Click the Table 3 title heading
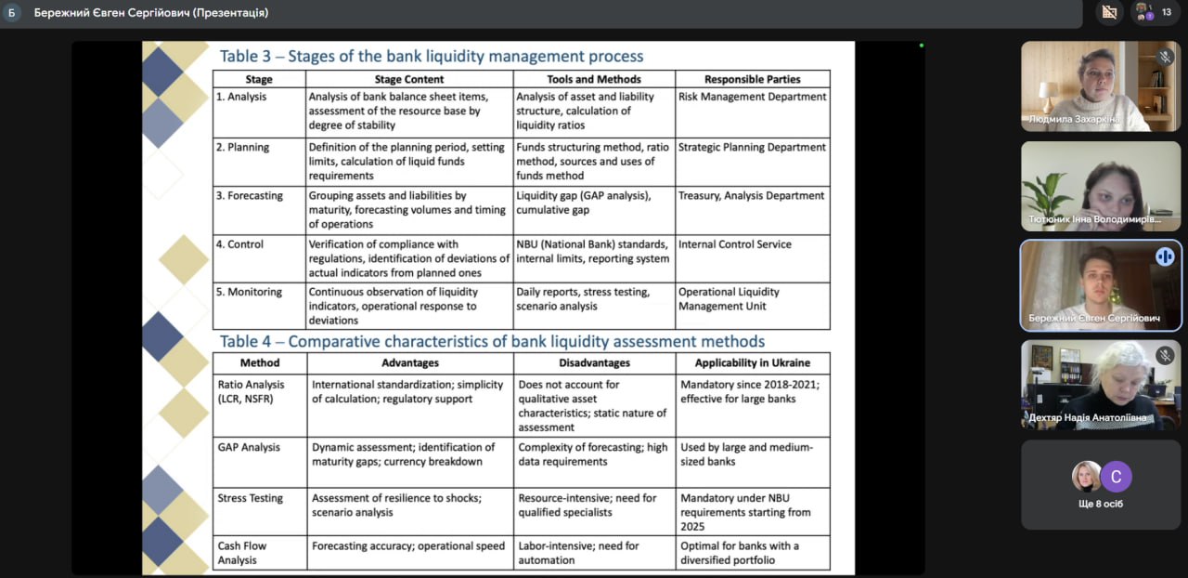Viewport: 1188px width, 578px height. [x=431, y=57]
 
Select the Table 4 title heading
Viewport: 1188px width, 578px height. [x=492, y=341]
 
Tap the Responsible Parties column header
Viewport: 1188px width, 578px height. [x=752, y=80]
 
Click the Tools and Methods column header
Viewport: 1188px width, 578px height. [x=594, y=80]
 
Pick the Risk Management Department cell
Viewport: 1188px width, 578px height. [x=752, y=97]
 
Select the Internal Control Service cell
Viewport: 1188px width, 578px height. [x=735, y=244]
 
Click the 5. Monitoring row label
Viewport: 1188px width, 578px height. [x=249, y=292]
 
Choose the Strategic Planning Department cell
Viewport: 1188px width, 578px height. [x=752, y=147]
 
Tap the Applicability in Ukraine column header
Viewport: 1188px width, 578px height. [x=752, y=363]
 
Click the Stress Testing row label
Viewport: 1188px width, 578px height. [x=251, y=498]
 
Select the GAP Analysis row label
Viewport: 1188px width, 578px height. [x=249, y=447]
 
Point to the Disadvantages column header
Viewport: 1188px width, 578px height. [x=594, y=363]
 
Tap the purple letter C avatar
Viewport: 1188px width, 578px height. [x=1117, y=477]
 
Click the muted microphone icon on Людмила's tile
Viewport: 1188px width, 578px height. [x=1165, y=58]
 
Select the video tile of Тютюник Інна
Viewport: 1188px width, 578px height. [x=1101, y=186]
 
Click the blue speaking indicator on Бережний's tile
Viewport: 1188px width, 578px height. [x=1165, y=256]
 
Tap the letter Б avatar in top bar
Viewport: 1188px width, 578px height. [x=12, y=13]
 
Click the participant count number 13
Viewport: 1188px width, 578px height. [x=1167, y=12]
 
